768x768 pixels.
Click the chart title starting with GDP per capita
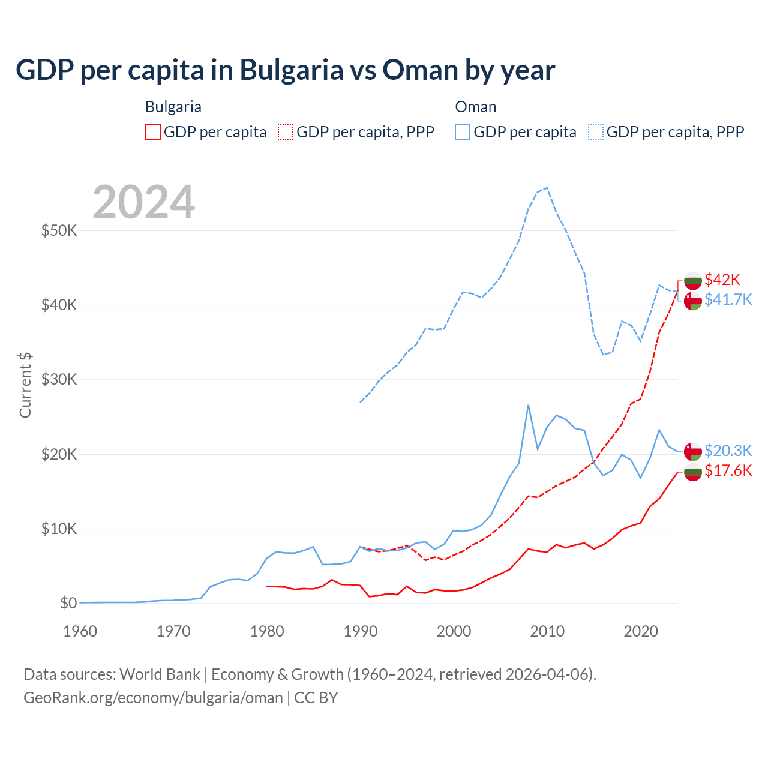pyautogui.click(x=285, y=70)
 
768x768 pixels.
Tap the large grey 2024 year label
pyautogui.click(x=144, y=202)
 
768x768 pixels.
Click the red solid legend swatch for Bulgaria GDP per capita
pyautogui.click(x=153, y=132)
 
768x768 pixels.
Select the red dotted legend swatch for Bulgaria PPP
pyautogui.click(x=286, y=132)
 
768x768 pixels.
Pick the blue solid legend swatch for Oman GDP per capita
pyautogui.click(x=463, y=132)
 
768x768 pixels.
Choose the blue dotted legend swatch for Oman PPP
pyautogui.click(x=596, y=132)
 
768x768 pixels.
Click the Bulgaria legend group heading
pyautogui.click(x=173, y=107)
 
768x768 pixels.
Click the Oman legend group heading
pyautogui.click(x=476, y=107)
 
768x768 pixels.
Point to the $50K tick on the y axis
pyautogui.click(x=59, y=230)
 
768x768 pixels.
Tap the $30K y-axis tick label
pyautogui.click(x=59, y=380)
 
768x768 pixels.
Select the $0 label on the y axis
pyautogui.click(x=68, y=604)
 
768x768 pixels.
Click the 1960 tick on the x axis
pyautogui.click(x=80, y=631)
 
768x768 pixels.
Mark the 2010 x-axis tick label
pyautogui.click(x=547, y=631)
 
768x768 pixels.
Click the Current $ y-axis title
pyautogui.click(x=25, y=385)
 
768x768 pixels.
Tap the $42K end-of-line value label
pyautogui.click(x=722, y=280)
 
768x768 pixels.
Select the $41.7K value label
pyautogui.click(x=728, y=299)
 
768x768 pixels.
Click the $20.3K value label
pyautogui.click(x=728, y=451)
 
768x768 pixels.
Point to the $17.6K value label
pyautogui.click(x=728, y=470)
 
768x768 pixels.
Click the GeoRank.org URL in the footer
pyautogui.click(x=153, y=698)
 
